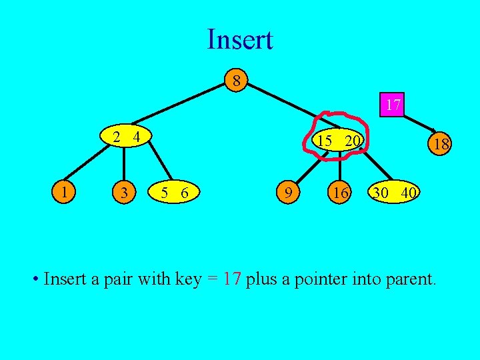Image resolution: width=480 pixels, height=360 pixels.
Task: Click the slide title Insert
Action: [240, 40]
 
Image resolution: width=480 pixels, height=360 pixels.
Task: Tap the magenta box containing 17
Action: [393, 105]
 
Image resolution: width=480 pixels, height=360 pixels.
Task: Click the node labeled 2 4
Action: [125, 137]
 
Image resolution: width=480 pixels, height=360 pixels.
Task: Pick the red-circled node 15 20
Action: [339, 140]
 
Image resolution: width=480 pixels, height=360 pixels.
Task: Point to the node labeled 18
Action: [439, 145]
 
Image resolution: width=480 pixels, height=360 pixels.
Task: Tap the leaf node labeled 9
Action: [288, 193]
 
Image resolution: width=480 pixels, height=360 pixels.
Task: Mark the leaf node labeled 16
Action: [341, 193]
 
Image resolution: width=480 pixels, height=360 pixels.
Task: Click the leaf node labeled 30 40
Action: [395, 193]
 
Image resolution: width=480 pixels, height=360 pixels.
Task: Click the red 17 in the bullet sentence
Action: [231, 279]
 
